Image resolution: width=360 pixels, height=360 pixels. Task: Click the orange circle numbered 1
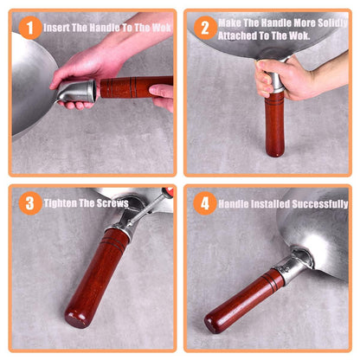(30, 28)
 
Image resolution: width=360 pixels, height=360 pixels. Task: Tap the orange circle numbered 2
(205, 28)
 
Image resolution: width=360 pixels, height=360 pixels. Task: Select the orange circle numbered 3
(30, 203)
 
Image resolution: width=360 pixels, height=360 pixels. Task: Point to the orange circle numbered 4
(205, 203)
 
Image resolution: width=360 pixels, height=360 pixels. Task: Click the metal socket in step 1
(77, 91)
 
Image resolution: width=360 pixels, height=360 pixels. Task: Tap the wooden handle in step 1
(136, 87)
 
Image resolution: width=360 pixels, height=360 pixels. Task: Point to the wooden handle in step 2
(274, 124)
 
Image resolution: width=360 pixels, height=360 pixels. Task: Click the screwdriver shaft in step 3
(145, 209)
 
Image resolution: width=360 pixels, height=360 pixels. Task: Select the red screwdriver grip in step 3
(168, 192)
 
